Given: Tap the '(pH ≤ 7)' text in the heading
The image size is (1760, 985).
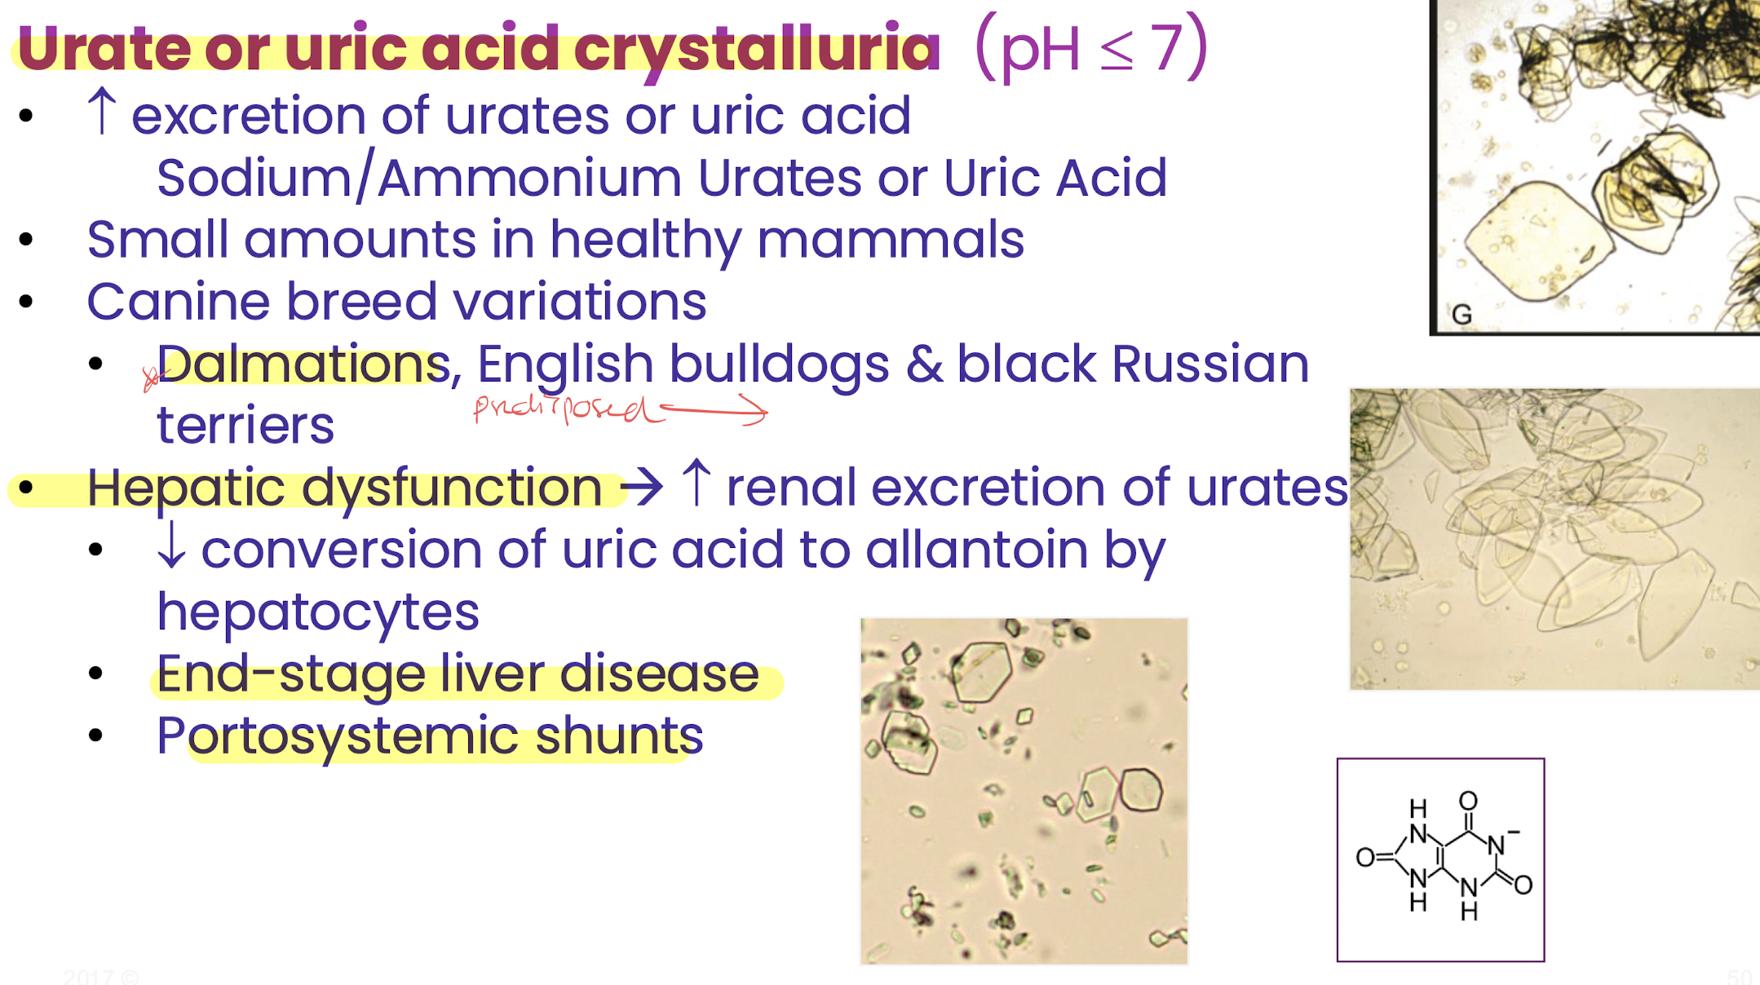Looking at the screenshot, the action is (x=1091, y=47).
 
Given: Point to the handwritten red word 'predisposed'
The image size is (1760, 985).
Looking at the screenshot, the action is (x=563, y=407).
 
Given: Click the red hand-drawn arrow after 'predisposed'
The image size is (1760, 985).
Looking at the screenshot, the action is (x=713, y=409).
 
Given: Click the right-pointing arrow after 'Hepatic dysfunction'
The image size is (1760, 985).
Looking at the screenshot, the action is (x=642, y=488).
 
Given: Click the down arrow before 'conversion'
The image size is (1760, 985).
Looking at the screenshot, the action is (x=171, y=545).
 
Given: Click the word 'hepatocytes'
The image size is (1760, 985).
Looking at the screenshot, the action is (x=318, y=613).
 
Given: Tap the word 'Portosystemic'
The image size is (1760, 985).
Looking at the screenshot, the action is (x=338, y=735).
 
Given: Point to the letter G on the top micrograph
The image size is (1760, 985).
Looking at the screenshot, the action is (x=1462, y=315).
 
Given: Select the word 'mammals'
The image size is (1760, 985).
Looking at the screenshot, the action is (x=891, y=240).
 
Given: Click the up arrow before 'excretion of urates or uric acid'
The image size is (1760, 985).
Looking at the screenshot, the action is (x=102, y=111).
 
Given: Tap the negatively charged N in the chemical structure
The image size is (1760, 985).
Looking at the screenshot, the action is (x=1495, y=846).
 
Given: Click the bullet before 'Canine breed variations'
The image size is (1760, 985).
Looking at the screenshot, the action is (x=26, y=302).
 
